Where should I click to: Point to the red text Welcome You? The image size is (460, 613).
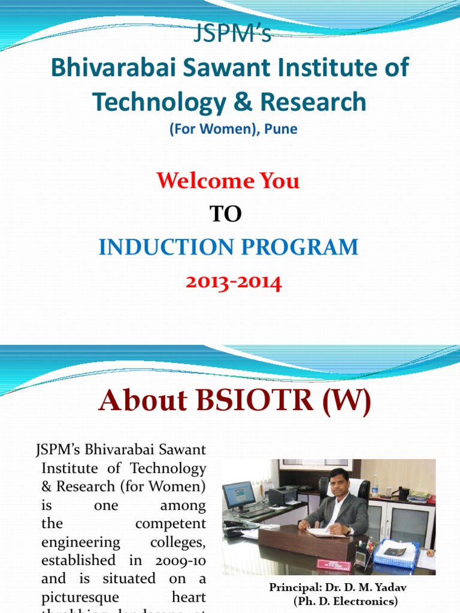click(228, 180)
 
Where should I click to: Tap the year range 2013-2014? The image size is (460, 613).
click(233, 282)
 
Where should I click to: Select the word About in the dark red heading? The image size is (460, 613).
click(138, 401)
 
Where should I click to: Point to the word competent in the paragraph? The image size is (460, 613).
click(170, 523)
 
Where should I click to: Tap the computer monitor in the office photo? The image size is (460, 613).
click(238, 494)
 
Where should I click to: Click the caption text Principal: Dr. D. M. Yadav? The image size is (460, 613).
click(338, 588)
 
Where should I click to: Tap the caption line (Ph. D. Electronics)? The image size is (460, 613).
click(345, 600)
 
